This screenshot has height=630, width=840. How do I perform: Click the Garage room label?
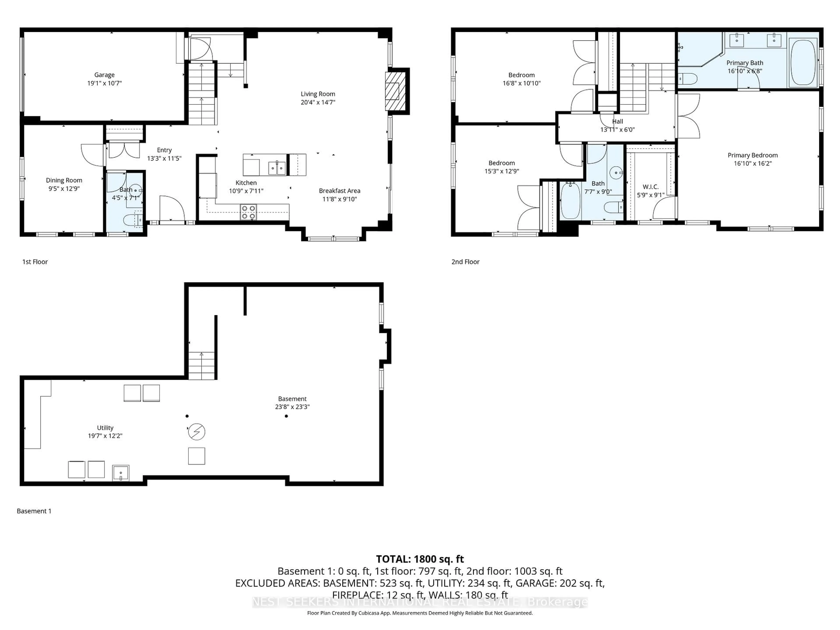tap(104, 75)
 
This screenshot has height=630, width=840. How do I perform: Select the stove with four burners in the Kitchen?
tap(248, 212)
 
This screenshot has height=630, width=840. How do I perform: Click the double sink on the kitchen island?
tap(277, 168)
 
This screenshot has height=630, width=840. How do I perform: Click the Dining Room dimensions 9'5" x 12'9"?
tap(64, 189)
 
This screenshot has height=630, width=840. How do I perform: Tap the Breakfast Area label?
tap(339, 191)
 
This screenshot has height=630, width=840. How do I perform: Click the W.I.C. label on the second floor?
tap(651, 187)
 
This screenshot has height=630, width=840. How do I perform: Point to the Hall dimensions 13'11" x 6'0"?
tap(618, 129)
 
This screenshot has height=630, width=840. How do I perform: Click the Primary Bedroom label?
tap(753, 155)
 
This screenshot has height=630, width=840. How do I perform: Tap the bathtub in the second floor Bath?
tap(570, 201)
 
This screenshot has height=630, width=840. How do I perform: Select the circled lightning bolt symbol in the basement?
tap(197, 432)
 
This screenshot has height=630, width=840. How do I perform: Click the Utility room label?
tap(105, 428)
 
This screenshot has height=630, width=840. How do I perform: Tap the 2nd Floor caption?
tap(465, 262)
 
